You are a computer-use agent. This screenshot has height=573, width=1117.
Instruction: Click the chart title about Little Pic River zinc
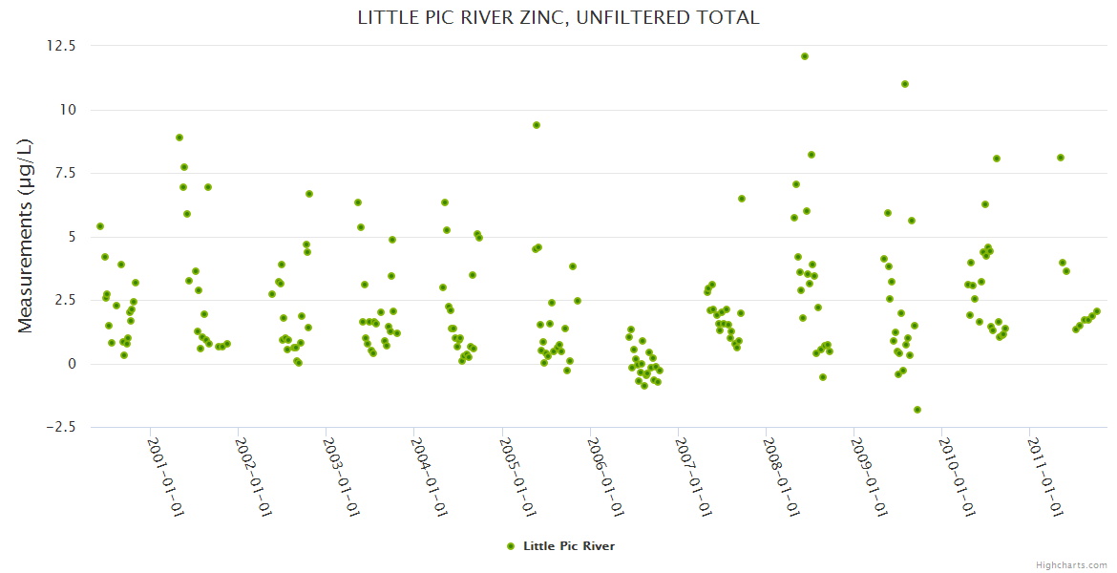click(x=558, y=17)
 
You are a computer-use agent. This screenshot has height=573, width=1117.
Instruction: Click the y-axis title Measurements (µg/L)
click(x=26, y=236)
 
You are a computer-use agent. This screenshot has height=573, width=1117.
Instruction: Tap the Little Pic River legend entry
click(x=560, y=546)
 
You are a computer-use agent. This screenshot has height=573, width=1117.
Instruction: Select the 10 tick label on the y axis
click(x=68, y=110)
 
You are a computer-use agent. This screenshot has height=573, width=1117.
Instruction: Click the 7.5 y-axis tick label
click(x=65, y=173)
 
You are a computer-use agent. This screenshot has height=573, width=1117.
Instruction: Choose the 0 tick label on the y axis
click(x=72, y=364)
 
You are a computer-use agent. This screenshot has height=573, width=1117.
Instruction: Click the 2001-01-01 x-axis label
click(x=165, y=477)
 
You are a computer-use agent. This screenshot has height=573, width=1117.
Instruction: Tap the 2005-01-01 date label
click(x=516, y=477)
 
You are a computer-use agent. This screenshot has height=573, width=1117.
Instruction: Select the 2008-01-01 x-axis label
click(x=780, y=477)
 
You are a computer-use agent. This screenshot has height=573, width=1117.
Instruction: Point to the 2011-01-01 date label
click(x=1043, y=477)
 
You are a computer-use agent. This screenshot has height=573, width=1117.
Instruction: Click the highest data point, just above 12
click(x=805, y=56)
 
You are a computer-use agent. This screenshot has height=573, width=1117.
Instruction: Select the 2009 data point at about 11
click(x=905, y=84)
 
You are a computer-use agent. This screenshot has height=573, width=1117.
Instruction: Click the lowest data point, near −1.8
click(x=917, y=410)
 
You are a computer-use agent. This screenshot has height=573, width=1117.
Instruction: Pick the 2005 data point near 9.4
click(x=537, y=125)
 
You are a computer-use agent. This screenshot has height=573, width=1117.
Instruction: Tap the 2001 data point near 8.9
click(x=179, y=138)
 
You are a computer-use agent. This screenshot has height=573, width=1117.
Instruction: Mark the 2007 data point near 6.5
click(x=742, y=199)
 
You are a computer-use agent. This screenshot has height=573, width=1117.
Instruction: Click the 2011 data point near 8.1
click(x=1061, y=158)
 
